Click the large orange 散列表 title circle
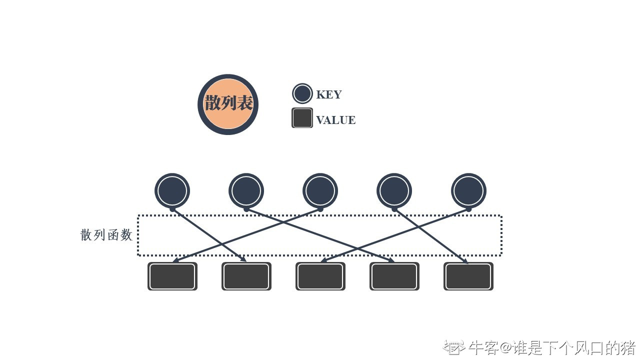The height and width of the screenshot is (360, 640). point(228,104)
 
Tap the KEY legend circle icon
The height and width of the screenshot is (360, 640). point(302,93)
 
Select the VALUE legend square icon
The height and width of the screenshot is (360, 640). point(302,118)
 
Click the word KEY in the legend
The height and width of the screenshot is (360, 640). point(328,94)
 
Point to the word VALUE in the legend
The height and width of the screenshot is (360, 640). point(335,120)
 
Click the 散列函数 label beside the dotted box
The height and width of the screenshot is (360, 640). point(106,235)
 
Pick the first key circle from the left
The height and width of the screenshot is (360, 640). point(172,190)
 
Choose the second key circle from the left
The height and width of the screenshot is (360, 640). point(246,190)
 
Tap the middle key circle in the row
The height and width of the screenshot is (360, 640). point(320,190)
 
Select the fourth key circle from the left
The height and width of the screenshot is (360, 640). point(394,190)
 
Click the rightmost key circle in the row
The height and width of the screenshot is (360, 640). point(468,190)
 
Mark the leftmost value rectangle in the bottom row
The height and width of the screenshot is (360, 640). point(172,276)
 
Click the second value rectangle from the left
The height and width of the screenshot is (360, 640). point(246,276)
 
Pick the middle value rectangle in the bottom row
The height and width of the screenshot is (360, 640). point(320,276)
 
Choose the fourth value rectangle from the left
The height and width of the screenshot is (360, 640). point(394,276)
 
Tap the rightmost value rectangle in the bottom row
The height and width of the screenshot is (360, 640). point(468,276)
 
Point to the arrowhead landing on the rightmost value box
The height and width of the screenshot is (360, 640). point(465,261)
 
